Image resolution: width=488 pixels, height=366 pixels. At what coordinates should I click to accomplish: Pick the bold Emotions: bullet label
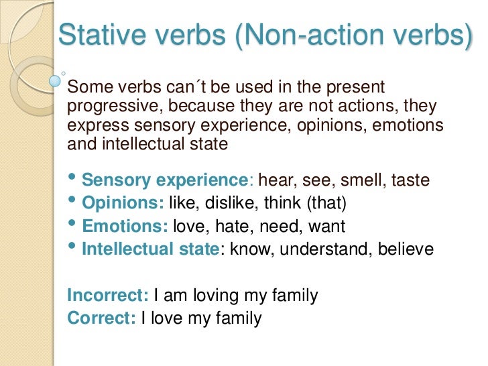click(x=125, y=227)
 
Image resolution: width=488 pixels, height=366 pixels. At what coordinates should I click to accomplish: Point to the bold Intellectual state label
click(x=150, y=249)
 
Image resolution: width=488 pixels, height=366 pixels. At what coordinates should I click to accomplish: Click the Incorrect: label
click(x=108, y=295)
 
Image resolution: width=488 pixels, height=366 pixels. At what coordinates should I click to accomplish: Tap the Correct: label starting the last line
click(x=101, y=318)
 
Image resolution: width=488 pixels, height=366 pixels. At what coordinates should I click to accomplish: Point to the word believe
click(x=406, y=249)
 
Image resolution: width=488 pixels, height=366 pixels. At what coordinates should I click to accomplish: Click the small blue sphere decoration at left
click(x=56, y=81)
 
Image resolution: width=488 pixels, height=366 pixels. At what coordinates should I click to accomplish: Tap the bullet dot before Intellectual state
click(x=72, y=248)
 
